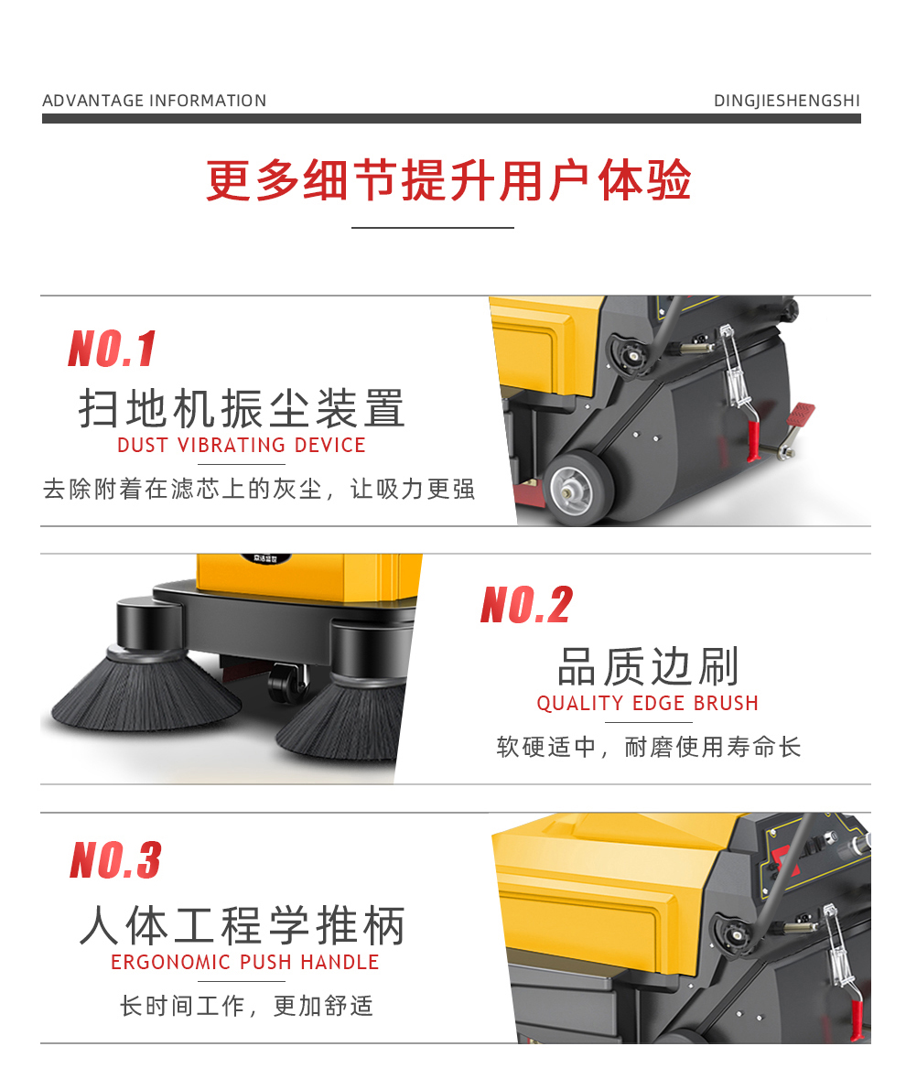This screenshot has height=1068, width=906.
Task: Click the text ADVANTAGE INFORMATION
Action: [x=154, y=101]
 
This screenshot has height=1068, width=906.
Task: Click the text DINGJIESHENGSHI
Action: [x=787, y=101]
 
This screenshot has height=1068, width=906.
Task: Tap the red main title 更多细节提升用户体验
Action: [x=449, y=180]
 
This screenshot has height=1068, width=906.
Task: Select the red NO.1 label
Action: [x=113, y=349]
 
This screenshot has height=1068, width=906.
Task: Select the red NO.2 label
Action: [x=526, y=605]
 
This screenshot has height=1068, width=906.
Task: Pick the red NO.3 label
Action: [x=116, y=859]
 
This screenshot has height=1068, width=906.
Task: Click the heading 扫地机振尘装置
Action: [x=242, y=409]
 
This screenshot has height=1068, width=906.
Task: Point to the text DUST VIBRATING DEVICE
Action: [x=242, y=446]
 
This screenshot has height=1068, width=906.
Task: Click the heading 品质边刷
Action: [x=648, y=666]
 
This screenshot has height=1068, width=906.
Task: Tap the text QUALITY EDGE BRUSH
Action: [x=647, y=704]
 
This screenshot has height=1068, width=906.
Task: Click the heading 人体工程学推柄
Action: [x=242, y=925]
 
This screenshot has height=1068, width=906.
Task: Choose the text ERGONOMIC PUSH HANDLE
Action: [x=244, y=963]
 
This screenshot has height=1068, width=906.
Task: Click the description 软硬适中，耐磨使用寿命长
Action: [x=649, y=747]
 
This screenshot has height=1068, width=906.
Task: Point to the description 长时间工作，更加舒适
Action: [x=246, y=1006]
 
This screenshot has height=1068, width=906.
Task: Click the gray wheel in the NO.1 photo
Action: [x=578, y=487]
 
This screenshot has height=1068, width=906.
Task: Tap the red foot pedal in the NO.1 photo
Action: [x=801, y=415]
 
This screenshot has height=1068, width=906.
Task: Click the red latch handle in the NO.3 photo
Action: [x=857, y=1019]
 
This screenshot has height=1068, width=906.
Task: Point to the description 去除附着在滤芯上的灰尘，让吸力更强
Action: [x=259, y=489]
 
